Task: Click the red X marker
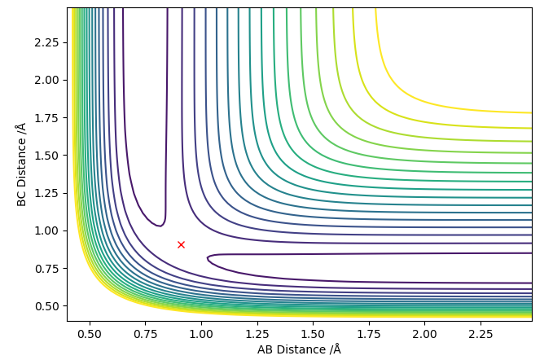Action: (x=181, y=244)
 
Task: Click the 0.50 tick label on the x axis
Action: (x=90, y=334)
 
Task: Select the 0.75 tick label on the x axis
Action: (x=145, y=334)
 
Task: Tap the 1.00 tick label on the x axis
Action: (x=201, y=334)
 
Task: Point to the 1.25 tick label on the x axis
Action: (x=257, y=334)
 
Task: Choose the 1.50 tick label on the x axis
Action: (x=313, y=334)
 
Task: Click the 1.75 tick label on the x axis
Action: (x=369, y=334)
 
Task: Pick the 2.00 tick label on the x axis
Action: (x=424, y=334)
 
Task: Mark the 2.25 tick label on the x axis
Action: (x=481, y=334)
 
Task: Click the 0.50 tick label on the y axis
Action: (x=46, y=306)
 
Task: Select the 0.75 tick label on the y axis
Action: (x=46, y=269)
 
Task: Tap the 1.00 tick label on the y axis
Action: (x=46, y=231)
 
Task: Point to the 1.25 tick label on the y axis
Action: (x=46, y=193)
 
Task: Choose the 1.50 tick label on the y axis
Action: (x=46, y=156)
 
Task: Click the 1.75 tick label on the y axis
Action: (x=46, y=118)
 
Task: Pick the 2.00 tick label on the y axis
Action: (x=46, y=80)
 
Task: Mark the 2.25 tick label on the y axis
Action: (x=46, y=42)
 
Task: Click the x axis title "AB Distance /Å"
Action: (x=299, y=349)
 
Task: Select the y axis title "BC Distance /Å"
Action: (x=21, y=165)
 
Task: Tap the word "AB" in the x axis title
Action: (x=266, y=349)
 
